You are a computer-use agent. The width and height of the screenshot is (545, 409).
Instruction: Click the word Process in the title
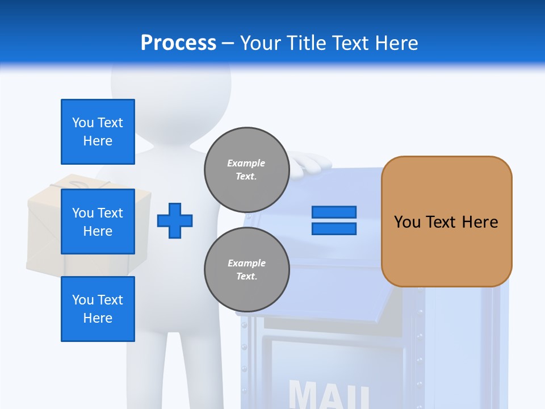pyautogui.click(x=178, y=43)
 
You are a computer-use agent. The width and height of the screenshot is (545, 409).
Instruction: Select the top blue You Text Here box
pyautogui.click(x=98, y=132)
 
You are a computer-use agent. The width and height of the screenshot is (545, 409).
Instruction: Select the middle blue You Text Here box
pyautogui.click(x=98, y=222)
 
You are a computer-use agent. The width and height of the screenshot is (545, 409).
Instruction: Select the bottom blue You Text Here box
pyautogui.click(x=98, y=309)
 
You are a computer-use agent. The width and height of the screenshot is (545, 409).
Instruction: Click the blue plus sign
pyautogui.click(x=175, y=220)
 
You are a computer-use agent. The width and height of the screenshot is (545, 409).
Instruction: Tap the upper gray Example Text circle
pyautogui.click(x=246, y=169)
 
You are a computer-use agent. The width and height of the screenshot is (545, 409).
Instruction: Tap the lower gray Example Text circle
pyautogui.click(x=246, y=269)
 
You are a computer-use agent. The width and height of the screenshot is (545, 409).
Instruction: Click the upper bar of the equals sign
pyautogui.click(x=334, y=212)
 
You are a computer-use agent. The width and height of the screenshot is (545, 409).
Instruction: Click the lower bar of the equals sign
pyautogui.click(x=334, y=229)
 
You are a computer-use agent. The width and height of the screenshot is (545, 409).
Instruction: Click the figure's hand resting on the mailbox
pyautogui.click(x=311, y=164)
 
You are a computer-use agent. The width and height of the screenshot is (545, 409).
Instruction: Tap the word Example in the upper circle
pyautogui.click(x=246, y=163)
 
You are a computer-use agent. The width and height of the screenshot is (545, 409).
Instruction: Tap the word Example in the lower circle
pyautogui.click(x=246, y=263)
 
